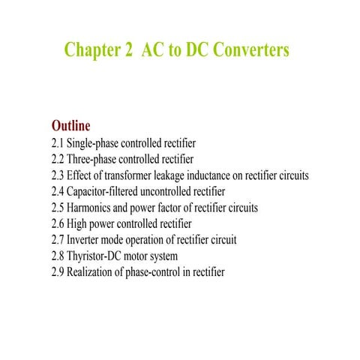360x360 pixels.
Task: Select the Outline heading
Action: (x=70, y=124)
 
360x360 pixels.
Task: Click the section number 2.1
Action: (x=58, y=142)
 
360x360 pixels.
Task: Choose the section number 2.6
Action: (x=58, y=224)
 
